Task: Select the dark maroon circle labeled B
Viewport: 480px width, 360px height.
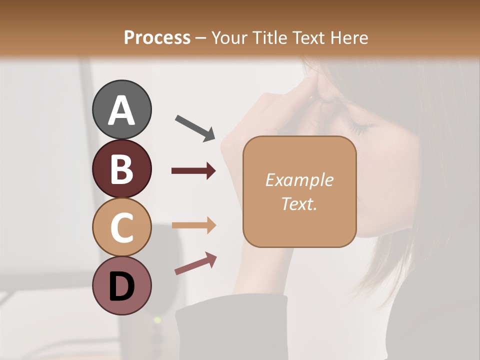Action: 121,168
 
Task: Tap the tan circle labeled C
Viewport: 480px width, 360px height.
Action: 121,227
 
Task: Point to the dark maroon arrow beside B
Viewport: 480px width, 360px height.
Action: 194,171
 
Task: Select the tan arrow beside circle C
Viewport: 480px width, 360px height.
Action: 194,225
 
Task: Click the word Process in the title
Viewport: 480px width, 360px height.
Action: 157,37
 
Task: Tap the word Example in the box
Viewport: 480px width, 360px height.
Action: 299,180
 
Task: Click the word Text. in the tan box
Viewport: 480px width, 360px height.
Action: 299,203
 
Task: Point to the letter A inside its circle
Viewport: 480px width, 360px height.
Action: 121,110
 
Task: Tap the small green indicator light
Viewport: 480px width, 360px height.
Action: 157,319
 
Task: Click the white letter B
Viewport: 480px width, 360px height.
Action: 121,168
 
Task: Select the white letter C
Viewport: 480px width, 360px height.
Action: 121,227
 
